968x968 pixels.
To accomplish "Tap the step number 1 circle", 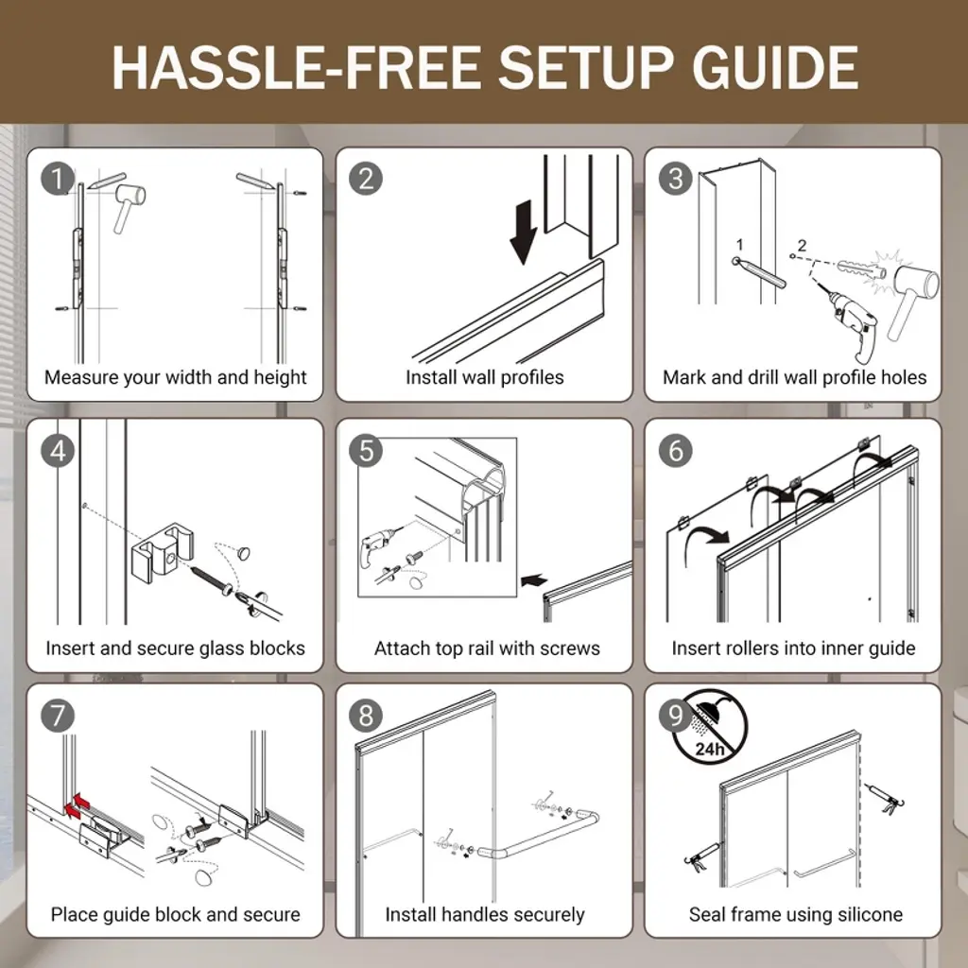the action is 58,179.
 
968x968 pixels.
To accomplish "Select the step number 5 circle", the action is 366,451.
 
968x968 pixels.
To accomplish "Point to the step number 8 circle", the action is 366,717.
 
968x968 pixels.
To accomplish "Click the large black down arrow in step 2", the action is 524,233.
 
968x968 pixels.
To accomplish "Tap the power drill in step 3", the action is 850,323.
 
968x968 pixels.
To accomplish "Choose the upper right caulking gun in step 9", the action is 884,799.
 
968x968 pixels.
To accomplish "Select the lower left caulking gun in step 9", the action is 702,856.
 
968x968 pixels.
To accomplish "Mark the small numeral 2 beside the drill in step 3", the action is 802,246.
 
